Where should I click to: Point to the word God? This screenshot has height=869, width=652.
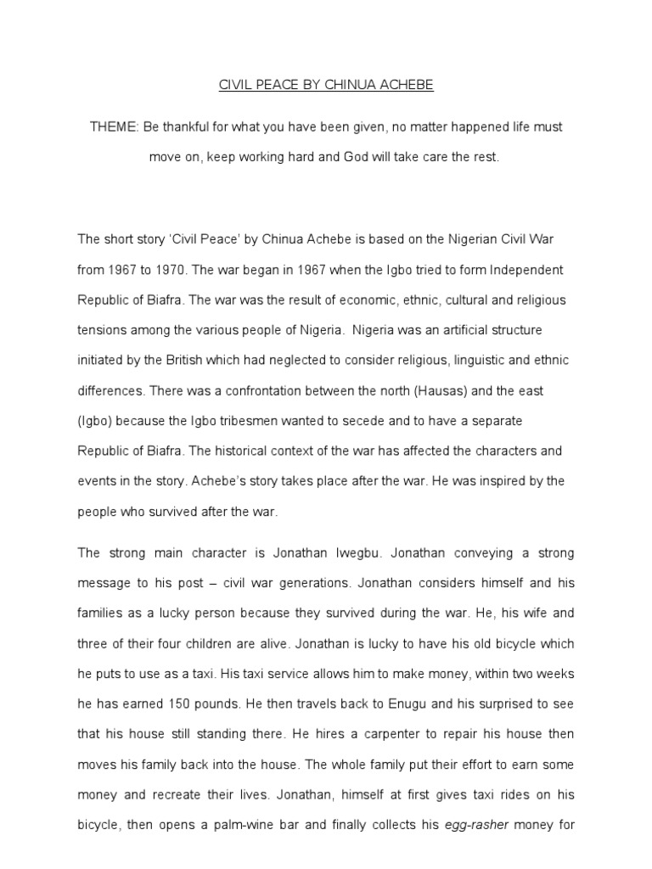374,158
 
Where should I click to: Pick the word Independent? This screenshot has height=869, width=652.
519,270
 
